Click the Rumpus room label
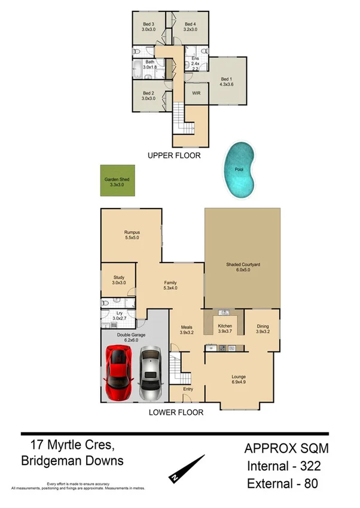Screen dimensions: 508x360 pos(132,234)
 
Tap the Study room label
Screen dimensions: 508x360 pos(118,280)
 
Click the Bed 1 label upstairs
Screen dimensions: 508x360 pos(225,82)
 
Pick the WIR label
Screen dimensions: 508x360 pos(196,94)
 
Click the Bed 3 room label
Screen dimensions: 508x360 pos(148,26)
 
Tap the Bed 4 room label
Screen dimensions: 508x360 pos(190,26)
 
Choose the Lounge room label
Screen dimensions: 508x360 pos(239,380)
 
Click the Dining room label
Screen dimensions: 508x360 pos(263,328)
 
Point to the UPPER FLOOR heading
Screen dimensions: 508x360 pos(174,155)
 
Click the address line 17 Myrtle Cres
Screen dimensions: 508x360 pos(68,445)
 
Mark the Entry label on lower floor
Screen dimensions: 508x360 pos(188,389)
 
